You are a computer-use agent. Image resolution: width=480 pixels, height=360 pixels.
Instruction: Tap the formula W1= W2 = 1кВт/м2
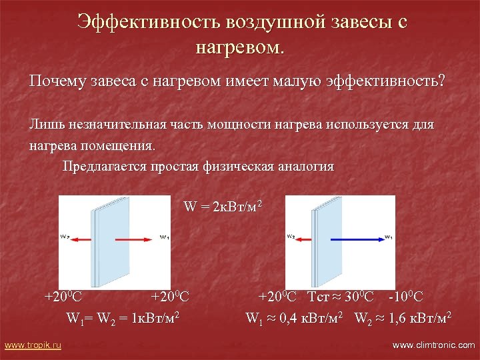point(125,317)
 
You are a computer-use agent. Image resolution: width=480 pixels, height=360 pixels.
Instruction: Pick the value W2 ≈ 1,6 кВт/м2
point(403,317)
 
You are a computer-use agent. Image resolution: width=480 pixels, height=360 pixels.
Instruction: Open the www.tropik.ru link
point(33,345)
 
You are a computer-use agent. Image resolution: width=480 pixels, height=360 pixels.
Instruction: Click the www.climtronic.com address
point(433,345)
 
